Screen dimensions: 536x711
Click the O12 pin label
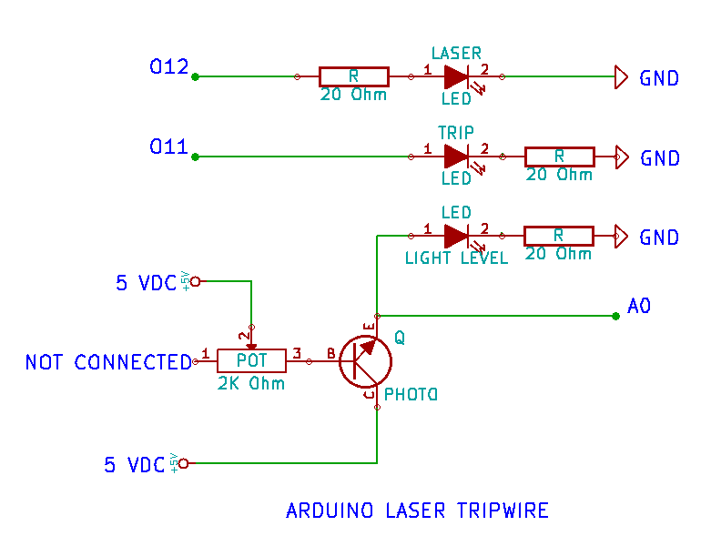[x=168, y=67]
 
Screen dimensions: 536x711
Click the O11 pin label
[x=168, y=147]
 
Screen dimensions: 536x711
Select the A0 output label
[x=639, y=307]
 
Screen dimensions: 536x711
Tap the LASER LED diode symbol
[x=456, y=77]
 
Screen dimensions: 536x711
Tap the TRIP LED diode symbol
[x=456, y=157]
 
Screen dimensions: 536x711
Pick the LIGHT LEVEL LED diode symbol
[x=456, y=237]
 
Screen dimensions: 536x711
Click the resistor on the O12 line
[x=353, y=77]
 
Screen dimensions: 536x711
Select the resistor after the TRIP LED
[x=559, y=157]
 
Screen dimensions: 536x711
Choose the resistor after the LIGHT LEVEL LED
[x=559, y=237]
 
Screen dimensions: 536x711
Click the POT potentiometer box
[x=251, y=361]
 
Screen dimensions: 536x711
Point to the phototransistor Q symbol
[x=366, y=361]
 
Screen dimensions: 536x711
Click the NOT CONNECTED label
[x=107, y=362]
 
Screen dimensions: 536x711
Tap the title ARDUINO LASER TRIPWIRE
[x=417, y=511]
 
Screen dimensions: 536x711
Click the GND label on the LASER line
[x=659, y=78]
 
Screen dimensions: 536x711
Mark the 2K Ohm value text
[x=251, y=383]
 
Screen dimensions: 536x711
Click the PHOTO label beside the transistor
[x=411, y=395]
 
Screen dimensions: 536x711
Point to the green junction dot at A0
[x=615, y=316]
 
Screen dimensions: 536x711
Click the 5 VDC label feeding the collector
[x=135, y=465]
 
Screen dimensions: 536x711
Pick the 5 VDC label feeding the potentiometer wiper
[x=147, y=283]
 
